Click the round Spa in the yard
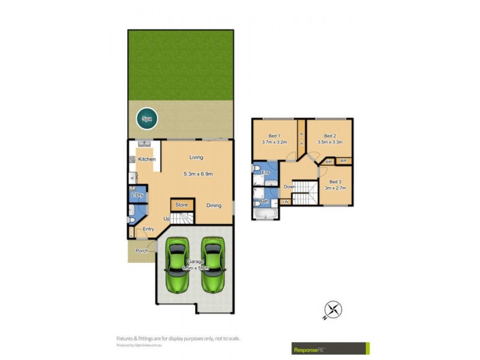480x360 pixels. click(x=146, y=119)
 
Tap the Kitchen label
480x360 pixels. click(x=147, y=159)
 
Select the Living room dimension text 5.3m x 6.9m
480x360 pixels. click(x=198, y=174)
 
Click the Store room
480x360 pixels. click(x=181, y=205)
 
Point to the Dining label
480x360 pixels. click(x=214, y=205)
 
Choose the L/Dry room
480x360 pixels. click(x=137, y=195)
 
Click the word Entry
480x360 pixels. click(x=148, y=229)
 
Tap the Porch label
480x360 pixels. click(x=142, y=250)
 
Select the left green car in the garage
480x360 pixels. click(x=178, y=264)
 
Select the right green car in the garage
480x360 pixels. click(x=212, y=264)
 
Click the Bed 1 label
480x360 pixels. click(x=274, y=136)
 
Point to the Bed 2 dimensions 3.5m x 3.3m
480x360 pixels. click(x=329, y=143)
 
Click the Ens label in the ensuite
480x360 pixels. click(x=266, y=173)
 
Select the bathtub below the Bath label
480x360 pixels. click(x=265, y=212)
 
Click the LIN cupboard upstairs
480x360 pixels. click(x=286, y=202)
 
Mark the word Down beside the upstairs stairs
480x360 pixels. click(x=289, y=187)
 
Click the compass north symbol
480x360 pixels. click(x=334, y=309)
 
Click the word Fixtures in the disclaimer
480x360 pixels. click(x=126, y=338)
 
